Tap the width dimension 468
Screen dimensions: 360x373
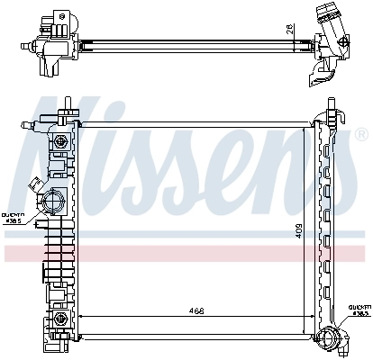click(x=196, y=312)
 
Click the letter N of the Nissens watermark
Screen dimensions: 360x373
click(x=68, y=148)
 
